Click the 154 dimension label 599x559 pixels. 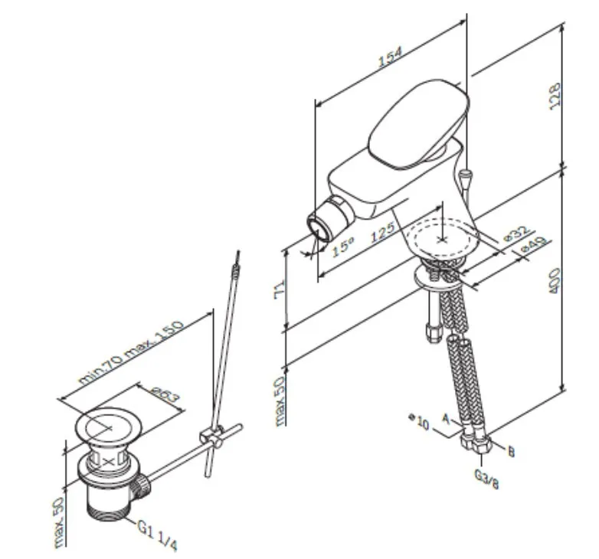390,57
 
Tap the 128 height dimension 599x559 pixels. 555,96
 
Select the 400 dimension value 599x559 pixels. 555,280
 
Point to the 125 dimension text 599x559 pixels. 382,232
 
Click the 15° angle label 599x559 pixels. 342,247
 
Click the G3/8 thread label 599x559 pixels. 486,479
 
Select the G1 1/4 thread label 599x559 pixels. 157,536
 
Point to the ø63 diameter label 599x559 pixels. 165,394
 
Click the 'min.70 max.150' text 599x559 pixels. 131,352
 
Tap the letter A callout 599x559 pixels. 446,419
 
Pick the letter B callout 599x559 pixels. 511,452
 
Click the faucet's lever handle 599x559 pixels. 419,123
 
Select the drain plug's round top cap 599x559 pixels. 108,427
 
